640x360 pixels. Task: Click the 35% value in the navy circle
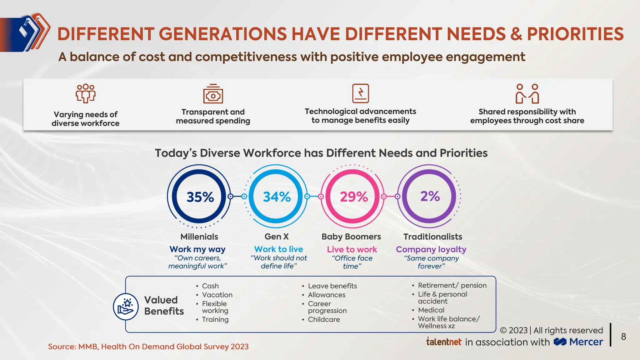[x=200, y=197]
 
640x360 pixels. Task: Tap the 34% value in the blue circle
[x=277, y=197]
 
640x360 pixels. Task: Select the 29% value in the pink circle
[x=353, y=197]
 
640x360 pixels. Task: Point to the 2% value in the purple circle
[x=430, y=196]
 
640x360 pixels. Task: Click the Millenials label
[x=199, y=237]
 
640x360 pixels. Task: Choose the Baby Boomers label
[x=351, y=237]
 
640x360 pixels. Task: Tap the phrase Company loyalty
[x=431, y=249]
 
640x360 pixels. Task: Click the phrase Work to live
[x=278, y=249]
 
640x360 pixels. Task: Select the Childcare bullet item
[x=324, y=319]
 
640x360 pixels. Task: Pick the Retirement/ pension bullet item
[x=452, y=285]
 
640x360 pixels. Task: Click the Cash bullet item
[x=210, y=286]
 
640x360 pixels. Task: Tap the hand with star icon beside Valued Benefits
[x=126, y=307]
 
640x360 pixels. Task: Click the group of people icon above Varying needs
[x=86, y=93]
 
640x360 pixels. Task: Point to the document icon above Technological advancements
[x=360, y=93]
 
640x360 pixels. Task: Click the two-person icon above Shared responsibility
[x=527, y=93]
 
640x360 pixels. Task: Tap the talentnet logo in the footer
[x=444, y=342]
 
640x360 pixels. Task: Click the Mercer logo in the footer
[x=578, y=342]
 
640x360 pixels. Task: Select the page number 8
[x=623, y=337]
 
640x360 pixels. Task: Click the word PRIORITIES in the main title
[x=575, y=34]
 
